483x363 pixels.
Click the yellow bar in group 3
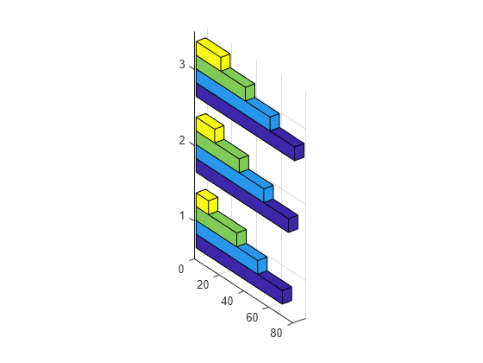[212, 54]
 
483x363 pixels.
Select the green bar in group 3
[226, 80]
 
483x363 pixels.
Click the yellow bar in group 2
[210, 128]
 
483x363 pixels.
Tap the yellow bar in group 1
[207, 201]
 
